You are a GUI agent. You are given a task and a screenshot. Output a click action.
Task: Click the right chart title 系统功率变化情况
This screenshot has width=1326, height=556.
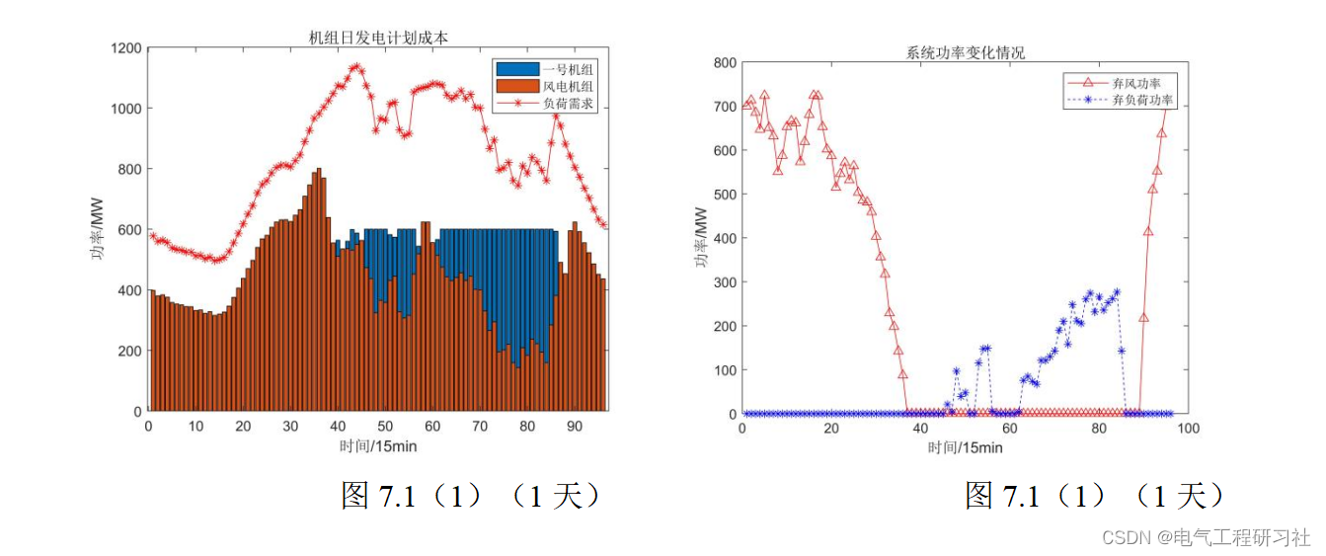(x=965, y=52)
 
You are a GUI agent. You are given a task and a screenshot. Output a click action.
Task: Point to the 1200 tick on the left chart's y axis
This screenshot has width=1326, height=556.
(x=126, y=47)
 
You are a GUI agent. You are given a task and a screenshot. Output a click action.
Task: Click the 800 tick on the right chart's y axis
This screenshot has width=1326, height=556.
(x=724, y=63)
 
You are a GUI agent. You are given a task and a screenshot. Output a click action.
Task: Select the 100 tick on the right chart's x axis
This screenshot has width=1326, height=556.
(x=1188, y=429)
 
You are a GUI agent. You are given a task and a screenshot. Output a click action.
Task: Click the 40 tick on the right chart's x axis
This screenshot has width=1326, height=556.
(x=920, y=429)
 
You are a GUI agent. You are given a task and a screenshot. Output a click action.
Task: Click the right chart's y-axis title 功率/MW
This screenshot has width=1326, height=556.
(x=700, y=238)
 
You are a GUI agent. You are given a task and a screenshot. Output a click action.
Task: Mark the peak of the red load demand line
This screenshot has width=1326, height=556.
(x=356, y=67)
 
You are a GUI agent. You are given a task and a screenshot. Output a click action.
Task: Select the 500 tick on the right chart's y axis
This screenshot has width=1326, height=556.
(x=724, y=195)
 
